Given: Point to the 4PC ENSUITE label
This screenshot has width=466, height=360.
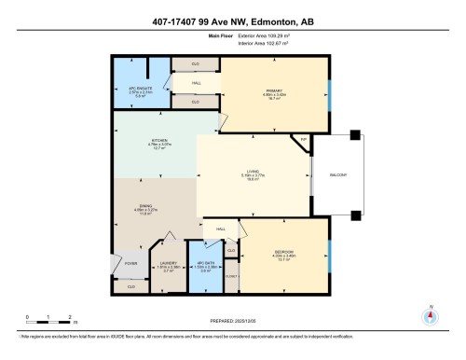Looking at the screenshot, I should (x=137, y=90).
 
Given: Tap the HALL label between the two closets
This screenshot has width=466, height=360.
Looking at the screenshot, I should (x=196, y=83).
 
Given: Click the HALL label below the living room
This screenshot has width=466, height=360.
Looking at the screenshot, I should (x=221, y=228).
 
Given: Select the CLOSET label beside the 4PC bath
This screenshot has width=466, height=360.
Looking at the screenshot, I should (x=231, y=276).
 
